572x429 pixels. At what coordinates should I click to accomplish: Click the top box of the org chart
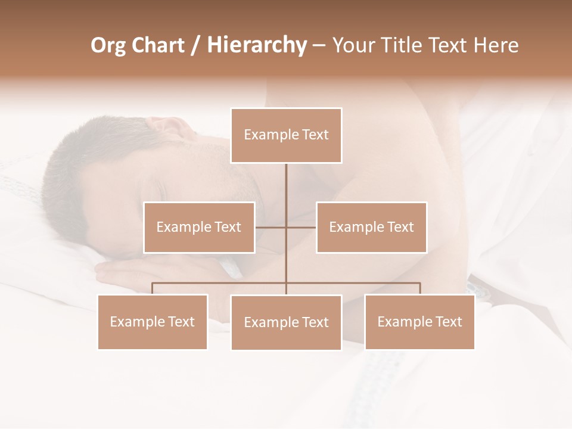[x=286, y=135]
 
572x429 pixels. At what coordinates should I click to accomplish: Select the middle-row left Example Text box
[x=199, y=227]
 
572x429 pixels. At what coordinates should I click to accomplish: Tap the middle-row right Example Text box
[x=371, y=227]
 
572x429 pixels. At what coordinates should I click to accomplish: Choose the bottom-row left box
[x=153, y=322]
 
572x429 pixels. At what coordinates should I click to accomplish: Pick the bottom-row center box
[x=286, y=322]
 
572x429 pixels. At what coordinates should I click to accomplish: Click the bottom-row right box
[x=419, y=322]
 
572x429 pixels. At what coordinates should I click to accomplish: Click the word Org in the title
[x=108, y=45]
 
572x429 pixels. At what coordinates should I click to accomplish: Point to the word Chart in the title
[x=158, y=45]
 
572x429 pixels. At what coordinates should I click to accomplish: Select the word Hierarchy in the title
[x=256, y=45]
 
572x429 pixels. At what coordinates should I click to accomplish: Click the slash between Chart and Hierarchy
[x=195, y=45]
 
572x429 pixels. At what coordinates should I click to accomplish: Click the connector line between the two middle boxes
[x=286, y=227]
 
